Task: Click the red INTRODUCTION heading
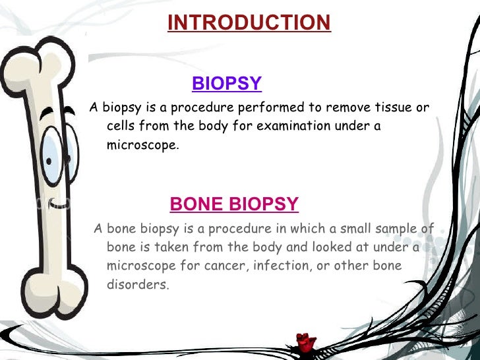(249, 23)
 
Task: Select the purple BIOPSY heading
(227, 84)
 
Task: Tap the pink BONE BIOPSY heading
(234, 204)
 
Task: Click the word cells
(121, 127)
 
